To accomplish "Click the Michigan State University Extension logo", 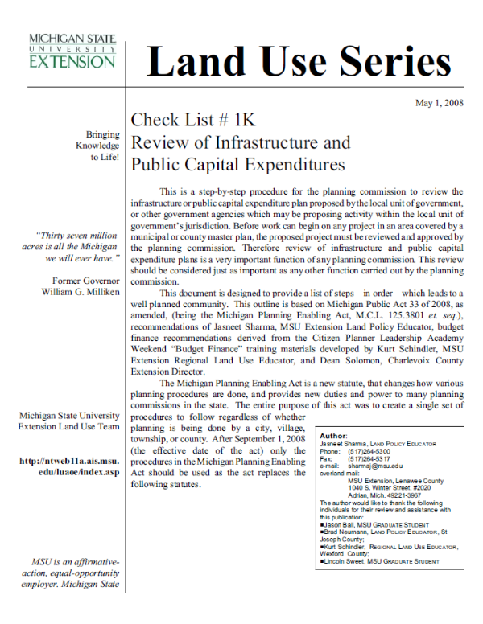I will pos(72,51).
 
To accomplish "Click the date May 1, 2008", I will pos(438,103).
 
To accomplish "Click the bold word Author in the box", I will pos(333,436).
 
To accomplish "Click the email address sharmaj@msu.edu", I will pos(374,466).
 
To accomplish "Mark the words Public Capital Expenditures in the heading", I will pos(237,166).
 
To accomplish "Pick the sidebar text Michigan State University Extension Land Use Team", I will pos(68,421).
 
